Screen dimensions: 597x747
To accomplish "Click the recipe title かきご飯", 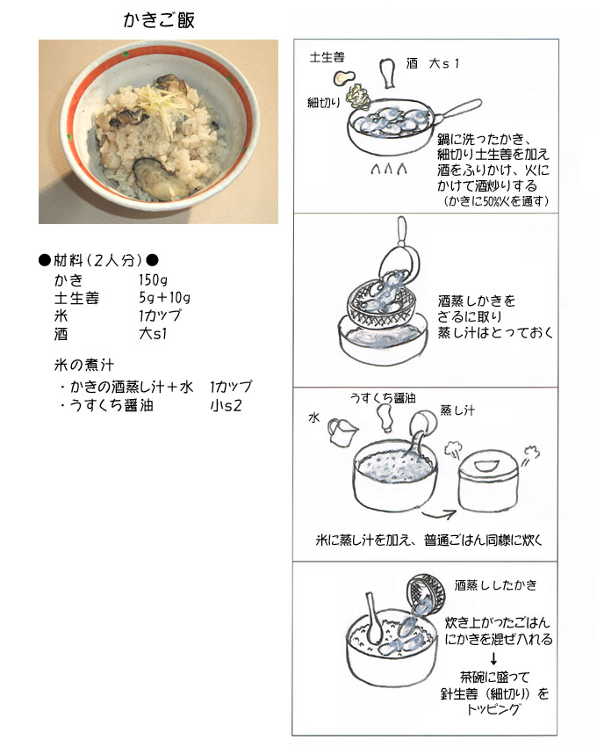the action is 159,20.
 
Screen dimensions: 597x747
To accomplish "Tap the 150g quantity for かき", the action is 153,279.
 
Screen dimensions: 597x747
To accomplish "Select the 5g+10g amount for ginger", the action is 164,298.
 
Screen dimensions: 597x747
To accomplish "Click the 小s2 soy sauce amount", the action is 227,405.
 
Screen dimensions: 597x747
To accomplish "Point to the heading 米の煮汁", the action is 83,365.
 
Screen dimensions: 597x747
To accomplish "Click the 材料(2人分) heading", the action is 98,260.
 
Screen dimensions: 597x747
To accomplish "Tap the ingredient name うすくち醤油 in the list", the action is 111,405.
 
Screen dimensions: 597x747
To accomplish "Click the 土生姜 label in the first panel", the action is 327,58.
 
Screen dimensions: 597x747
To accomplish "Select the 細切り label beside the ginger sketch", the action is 323,102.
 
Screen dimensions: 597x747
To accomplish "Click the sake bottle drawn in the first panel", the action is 388,73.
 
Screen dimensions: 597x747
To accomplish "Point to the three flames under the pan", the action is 388,169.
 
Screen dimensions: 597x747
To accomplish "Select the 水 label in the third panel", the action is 314,417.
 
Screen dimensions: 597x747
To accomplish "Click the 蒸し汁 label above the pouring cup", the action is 457,410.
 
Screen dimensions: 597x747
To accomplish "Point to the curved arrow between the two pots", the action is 439,515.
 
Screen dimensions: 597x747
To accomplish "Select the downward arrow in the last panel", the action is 493,658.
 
